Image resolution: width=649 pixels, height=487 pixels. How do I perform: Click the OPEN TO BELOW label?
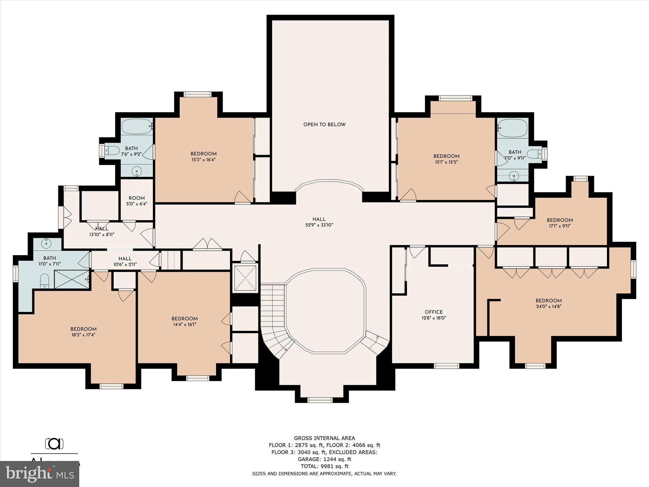pos(324,125)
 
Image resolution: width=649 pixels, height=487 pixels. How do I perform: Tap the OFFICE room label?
pos(434,312)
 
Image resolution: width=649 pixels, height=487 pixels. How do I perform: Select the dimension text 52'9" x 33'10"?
pos(319,225)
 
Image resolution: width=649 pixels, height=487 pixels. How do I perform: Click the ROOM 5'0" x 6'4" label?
pos(137,201)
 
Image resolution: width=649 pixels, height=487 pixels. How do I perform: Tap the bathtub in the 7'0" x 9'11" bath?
pos(512,128)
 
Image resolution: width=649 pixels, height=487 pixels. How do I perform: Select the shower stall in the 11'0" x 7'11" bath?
pos(72,279)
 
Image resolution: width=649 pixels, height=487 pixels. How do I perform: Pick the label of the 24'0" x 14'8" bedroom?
pos(549,301)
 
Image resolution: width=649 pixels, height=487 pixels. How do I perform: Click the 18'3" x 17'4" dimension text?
pos(83,335)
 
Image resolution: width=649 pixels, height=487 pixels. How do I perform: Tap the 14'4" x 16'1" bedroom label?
pos(184,319)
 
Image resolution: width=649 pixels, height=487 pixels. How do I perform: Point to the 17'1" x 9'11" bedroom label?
pos(560,220)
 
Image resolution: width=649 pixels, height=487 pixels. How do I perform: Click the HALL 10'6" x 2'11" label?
pos(125,261)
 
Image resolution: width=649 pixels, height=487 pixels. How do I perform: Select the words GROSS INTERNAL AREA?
pos(324,438)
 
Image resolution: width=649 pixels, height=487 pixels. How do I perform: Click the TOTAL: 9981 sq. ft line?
pos(324,466)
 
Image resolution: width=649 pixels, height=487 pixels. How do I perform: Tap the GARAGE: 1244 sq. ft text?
pos(324,459)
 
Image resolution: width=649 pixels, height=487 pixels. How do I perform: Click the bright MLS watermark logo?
pos(40,474)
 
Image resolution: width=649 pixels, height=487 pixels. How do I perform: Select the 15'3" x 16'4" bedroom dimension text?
pos(203,160)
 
